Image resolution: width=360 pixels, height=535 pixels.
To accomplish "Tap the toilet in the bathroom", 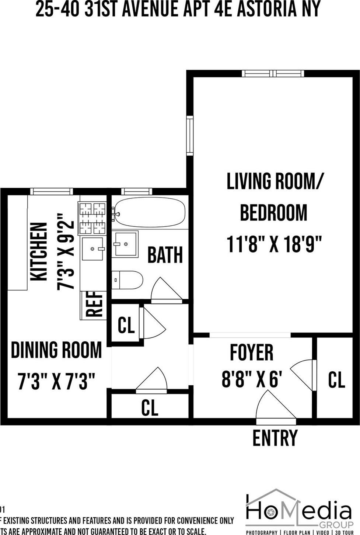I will [x=127, y=280].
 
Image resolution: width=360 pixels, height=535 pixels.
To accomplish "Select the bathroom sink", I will [x=125, y=244].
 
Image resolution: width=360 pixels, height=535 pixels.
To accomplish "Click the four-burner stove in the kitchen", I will [x=92, y=218].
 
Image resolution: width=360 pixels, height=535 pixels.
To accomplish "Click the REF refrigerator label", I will [x=94, y=305].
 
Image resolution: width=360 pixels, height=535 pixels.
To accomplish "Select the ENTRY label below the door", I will [x=275, y=438].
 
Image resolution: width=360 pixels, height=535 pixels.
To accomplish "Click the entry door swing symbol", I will [x=275, y=406].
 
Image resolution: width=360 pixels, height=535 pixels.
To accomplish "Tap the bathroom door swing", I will [x=165, y=290].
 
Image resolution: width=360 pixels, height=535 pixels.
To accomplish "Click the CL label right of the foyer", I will [x=336, y=380].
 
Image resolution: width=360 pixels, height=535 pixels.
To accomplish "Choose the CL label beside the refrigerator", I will [x=126, y=325].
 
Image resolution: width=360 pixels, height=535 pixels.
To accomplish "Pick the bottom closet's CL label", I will [x=150, y=407].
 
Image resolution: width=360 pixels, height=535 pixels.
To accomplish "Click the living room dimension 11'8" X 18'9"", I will [x=274, y=244].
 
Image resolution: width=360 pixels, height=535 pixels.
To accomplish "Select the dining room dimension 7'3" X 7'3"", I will [x=56, y=381].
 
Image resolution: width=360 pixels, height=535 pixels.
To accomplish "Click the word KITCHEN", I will [x=39, y=252].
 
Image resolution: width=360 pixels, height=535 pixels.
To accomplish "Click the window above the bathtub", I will [x=136, y=191].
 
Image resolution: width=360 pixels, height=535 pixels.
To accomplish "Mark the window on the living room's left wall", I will [x=190, y=136].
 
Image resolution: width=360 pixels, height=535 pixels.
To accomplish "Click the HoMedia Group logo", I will [x=299, y=513].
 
